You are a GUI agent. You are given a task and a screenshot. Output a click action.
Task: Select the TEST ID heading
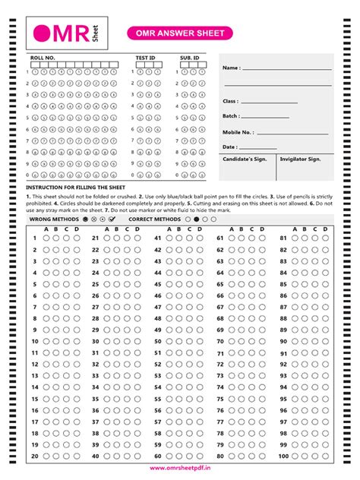pyautogui.click(x=145, y=58)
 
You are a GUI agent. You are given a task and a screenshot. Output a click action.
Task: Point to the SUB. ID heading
pyautogui.click(x=189, y=58)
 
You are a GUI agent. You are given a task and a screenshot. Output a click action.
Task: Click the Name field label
pyautogui.click(x=232, y=68)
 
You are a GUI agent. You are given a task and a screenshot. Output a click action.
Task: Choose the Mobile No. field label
pyautogui.click(x=238, y=132)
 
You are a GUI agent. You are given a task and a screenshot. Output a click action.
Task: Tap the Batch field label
pyautogui.click(x=231, y=116)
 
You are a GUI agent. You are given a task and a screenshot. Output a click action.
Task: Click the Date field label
pyautogui.click(x=230, y=147)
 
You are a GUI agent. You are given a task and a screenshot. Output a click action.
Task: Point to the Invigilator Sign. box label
pyautogui.click(x=300, y=159)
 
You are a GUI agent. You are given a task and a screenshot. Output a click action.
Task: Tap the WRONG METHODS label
pyautogui.click(x=49, y=218)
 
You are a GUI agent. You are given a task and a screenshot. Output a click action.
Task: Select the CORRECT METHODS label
pyautogui.click(x=156, y=218)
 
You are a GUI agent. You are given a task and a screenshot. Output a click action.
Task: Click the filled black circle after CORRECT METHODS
pyautogui.click(x=197, y=218)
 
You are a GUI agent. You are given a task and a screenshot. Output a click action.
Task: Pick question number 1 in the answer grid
pyautogui.click(x=35, y=238)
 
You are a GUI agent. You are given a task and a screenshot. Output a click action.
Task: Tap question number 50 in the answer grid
pyautogui.click(x=158, y=341)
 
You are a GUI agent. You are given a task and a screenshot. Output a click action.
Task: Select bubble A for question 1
pyautogui.click(x=46, y=238)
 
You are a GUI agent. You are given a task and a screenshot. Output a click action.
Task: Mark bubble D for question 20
pyautogui.click(x=76, y=456)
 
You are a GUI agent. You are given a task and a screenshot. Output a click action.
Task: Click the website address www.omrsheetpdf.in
pyautogui.click(x=180, y=469)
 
